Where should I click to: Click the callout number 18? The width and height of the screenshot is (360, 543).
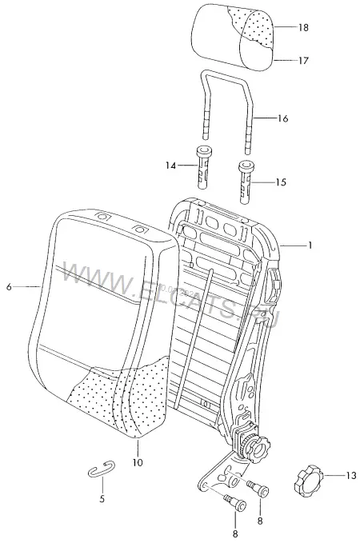tap(303, 27)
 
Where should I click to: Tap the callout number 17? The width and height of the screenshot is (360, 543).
tap(303, 61)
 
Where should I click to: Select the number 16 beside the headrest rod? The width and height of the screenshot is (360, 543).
tap(282, 118)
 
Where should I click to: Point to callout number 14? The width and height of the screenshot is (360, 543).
tap(170, 166)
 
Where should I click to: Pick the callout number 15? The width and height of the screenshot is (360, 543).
tap(281, 182)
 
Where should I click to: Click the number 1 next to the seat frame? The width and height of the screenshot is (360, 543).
tap(310, 246)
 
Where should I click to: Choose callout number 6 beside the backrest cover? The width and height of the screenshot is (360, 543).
tap(9, 287)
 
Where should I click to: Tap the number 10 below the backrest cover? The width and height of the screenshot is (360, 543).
tap(138, 462)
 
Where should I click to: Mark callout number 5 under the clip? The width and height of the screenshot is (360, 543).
tap(102, 499)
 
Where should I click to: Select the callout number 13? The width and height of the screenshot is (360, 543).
tap(351, 476)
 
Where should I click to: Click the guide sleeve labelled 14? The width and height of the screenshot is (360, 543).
tap(203, 167)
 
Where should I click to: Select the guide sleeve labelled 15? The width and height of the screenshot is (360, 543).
tap(246, 182)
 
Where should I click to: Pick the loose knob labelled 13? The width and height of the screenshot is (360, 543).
tap(308, 481)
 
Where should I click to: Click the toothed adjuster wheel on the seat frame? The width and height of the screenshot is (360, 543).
tap(256, 448)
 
